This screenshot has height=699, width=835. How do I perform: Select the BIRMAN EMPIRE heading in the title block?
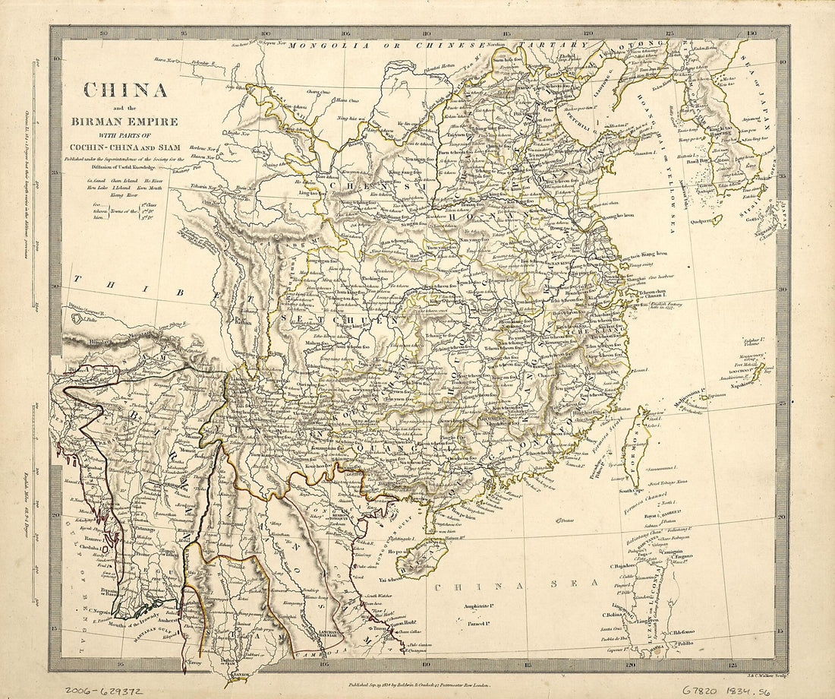pyautogui.click(x=125, y=122)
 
